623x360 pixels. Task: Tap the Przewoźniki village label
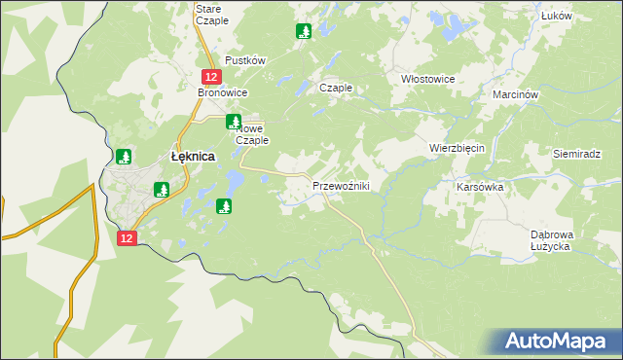click(x=340, y=186)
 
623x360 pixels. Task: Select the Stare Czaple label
click(x=212, y=14)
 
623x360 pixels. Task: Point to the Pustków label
click(x=245, y=60)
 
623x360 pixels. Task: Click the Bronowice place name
click(x=224, y=92)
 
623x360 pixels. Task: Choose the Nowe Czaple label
click(x=252, y=134)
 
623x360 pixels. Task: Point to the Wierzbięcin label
click(x=457, y=147)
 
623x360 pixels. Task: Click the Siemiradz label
click(x=578, y=155)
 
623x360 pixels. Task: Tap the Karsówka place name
click(x=478, y=185)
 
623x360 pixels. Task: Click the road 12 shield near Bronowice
click(x=210, y=76)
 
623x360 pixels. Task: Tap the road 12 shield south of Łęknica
click(x=127, y=237)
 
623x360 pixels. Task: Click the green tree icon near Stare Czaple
click(x=303, y=31)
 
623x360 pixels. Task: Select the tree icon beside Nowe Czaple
click(x=233, y=122)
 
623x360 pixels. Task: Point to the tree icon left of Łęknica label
click(x=124, y=156)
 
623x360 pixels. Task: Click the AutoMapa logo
click(x=555, y=341)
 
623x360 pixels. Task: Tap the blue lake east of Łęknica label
click(x=235, y=180)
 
